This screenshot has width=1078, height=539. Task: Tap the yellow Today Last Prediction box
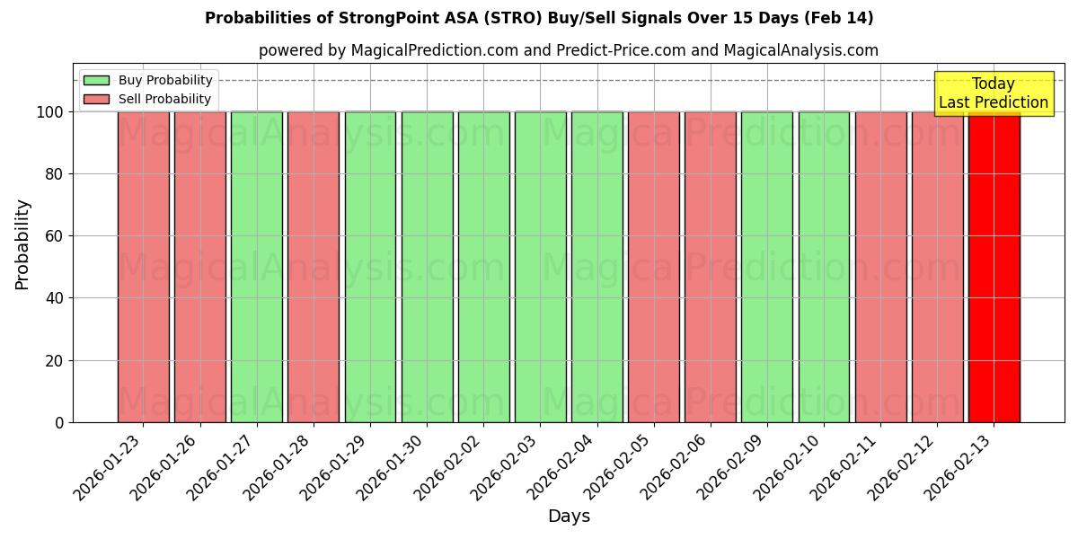(x=993, y=93)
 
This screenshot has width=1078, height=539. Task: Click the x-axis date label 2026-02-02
(x=450, y=468)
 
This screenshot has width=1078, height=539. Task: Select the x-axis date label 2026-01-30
(x=393, y=468)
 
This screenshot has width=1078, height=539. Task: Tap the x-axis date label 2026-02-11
(x=847, y=468)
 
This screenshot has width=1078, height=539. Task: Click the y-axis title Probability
(x=22, y=244)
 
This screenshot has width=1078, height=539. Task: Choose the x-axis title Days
(x=569, y=517)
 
